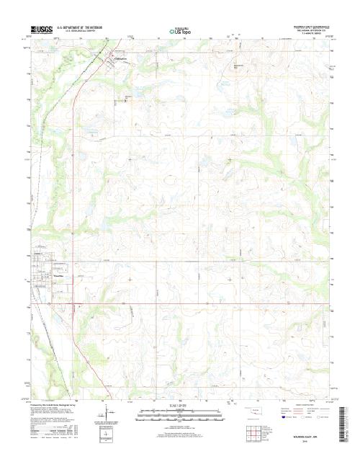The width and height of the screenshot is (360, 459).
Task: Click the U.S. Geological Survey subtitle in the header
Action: point(81,32)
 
